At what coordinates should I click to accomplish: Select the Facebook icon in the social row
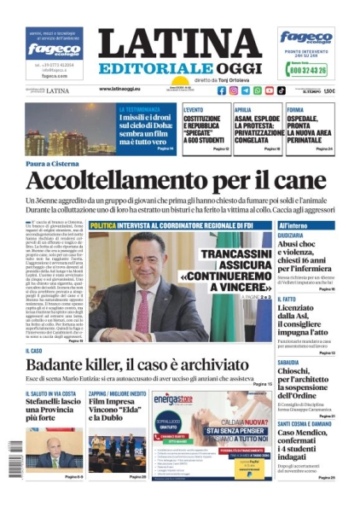[x=209, y=90]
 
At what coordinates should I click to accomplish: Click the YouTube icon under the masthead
[x=270, y=90]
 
